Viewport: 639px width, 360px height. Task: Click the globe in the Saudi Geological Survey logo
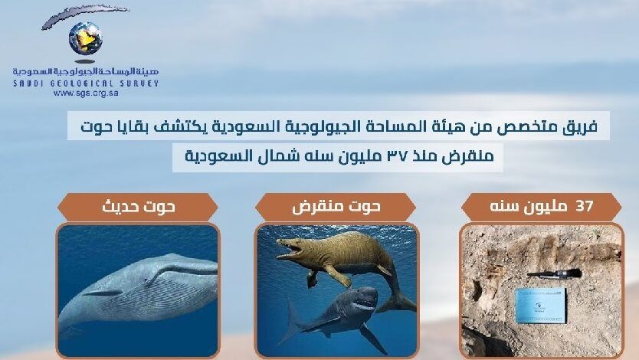86,38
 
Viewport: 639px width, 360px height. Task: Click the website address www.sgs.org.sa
86,93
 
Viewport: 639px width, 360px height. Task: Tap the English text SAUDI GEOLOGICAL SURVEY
86,83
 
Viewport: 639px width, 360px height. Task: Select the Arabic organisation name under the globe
86,72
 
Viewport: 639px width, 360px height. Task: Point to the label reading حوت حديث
139,207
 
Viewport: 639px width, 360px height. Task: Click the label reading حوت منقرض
336,207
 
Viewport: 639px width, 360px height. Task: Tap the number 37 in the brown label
584,207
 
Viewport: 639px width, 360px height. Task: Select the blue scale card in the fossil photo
540,306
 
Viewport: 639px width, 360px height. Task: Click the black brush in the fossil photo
554,273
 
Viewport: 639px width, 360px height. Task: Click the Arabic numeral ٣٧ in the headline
396,156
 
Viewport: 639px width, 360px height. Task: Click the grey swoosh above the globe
85,15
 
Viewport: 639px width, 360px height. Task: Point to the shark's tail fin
290,322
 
